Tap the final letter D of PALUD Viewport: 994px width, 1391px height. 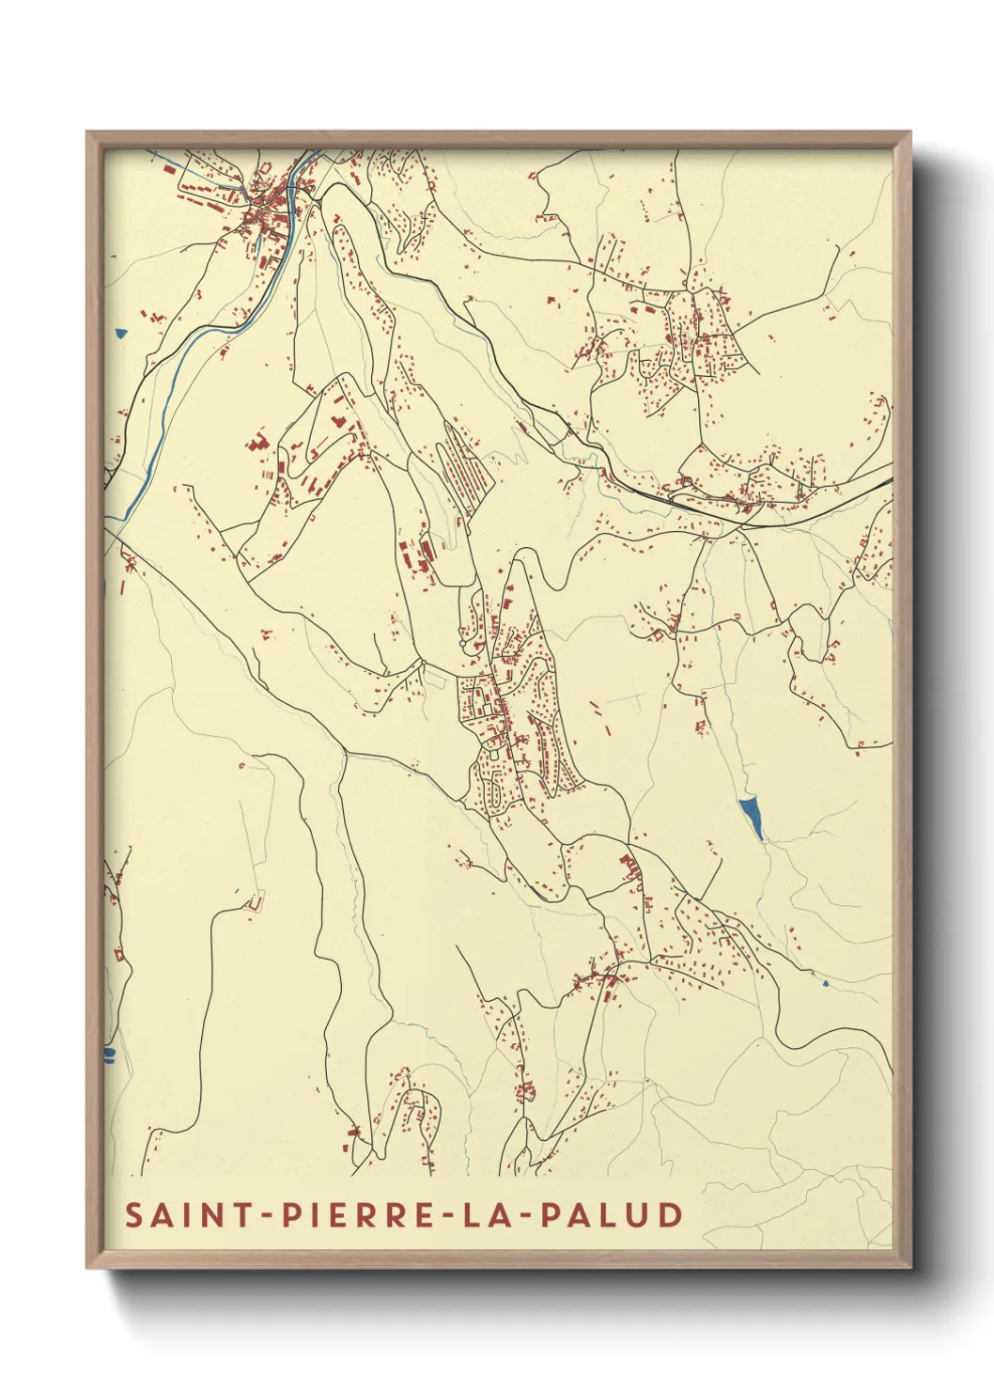(671, 1214)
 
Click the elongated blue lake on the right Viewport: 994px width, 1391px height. (751, 816)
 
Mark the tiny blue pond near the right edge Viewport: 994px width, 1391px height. (825, 983)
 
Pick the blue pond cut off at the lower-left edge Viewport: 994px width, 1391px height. (109, 1055)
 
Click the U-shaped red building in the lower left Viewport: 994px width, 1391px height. (254, 903)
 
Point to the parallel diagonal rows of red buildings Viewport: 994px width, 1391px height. (465, 470)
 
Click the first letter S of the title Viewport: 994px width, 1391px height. (134, 1214)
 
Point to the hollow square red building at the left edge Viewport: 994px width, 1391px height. (119, 954)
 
